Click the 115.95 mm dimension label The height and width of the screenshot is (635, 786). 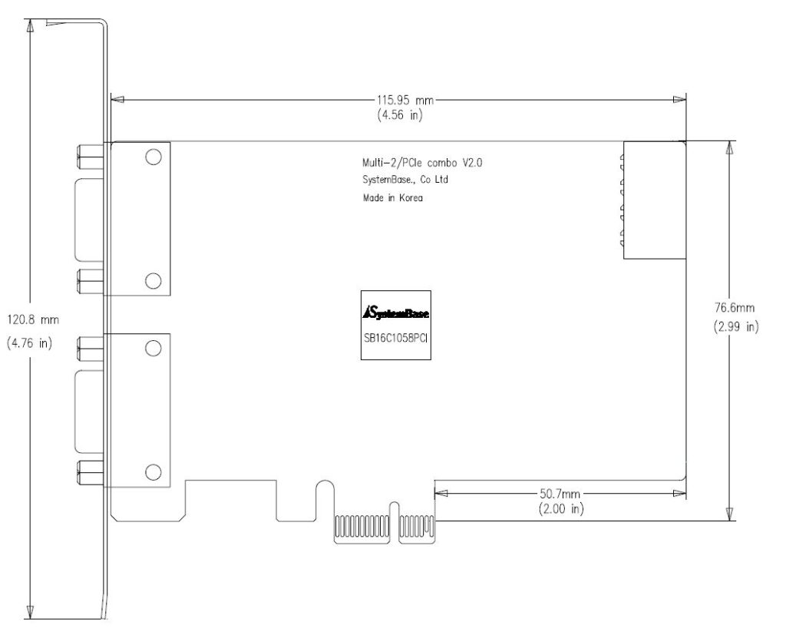click(x=405, y=101)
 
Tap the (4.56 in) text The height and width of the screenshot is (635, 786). click(x=400, y=115)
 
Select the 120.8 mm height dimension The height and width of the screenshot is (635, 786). click(x=33, y=319)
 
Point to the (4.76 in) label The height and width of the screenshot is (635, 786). click(x=30, y=343)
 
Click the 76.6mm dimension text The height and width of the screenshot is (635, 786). click(x=735, y=307)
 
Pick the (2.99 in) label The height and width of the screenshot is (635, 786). click(x=736, y=327)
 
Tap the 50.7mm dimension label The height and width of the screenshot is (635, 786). click(x=560, y=494)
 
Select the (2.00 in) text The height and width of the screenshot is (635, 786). click(x=561, y=509)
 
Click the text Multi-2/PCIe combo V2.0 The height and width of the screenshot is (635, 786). click(x=422, y=163)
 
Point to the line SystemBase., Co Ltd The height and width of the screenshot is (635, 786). click(x=405, y=180)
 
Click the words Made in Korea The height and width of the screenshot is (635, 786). click(x=392, y=197)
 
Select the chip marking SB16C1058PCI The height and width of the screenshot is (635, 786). click(x=395, y=338)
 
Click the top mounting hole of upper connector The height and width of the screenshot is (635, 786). click(x=154, y=157)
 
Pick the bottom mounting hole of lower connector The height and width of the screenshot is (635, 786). click(x=154, y=472)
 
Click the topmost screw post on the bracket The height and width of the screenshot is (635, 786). click(x=91, y=157)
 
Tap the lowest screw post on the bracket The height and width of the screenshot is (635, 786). click(x=91, y=473)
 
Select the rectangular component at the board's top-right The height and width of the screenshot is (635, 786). click(x=654, y=200)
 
